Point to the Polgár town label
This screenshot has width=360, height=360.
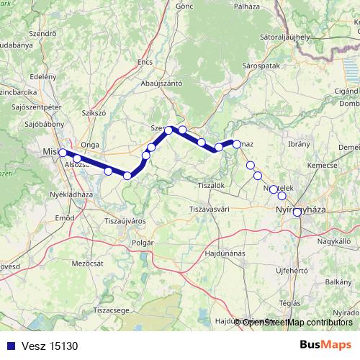click(x=143, y=243)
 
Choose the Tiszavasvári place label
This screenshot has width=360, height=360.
click(x=210, y=209)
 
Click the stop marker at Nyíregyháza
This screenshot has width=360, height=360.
click(x=297, y=212)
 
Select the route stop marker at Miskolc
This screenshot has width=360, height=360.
click(x=63, y=153)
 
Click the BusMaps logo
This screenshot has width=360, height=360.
click(x=325, y=345)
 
